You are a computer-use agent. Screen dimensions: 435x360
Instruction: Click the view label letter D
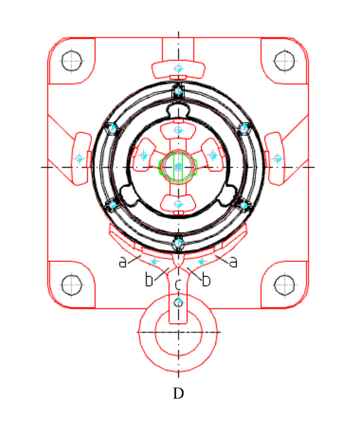click(178, 394)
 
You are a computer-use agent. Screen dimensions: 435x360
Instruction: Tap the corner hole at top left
click(72, 61)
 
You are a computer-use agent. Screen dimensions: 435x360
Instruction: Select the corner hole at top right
click(284, 61)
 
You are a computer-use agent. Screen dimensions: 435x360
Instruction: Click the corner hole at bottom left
click(72, 285)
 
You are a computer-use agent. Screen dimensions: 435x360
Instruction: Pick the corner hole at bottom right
click(284, 285)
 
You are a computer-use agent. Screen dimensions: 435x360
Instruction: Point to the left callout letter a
click(122, 262)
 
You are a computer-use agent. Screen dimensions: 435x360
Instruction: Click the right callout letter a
click(233, 262)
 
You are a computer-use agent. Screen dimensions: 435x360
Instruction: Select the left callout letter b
click(149, 281)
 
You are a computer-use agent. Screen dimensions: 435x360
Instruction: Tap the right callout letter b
click(206, 281)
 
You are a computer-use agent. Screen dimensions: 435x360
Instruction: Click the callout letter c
click(178, 284)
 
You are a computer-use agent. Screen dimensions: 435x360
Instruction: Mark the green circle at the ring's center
click(179, 167)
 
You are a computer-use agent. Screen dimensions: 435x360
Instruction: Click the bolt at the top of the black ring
click(178, 91)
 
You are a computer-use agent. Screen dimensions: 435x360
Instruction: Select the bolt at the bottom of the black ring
click(178, 243)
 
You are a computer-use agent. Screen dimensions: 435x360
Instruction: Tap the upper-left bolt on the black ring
click(112, 129)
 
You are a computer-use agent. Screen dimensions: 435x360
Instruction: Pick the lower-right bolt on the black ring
click(244, 206)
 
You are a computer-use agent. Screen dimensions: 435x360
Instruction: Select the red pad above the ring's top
click(178, 69)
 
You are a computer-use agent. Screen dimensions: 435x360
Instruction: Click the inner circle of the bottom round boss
click(178, 332)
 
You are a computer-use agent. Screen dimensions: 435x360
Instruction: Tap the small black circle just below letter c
click(179, 302)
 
